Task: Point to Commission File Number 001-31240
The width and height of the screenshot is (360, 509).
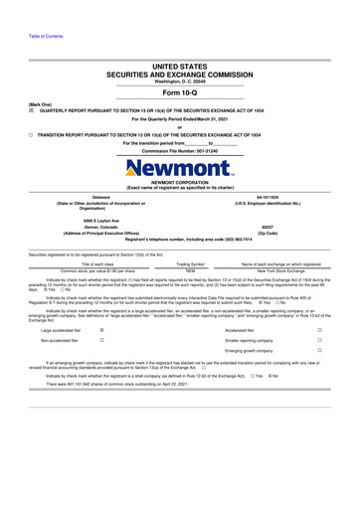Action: click(180, 150)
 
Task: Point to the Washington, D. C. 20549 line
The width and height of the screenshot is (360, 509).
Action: click(180, 80)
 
